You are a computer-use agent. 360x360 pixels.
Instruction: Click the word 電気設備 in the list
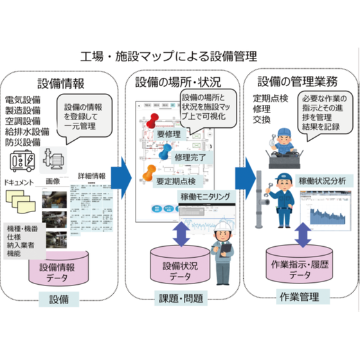click(x=23, y=100)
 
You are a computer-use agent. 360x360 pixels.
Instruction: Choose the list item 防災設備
click(x=23, y=141)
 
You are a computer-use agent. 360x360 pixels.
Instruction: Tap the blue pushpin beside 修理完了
click(x=165, y=152)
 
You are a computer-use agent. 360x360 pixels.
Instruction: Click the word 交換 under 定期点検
click(x=263, y=120)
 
